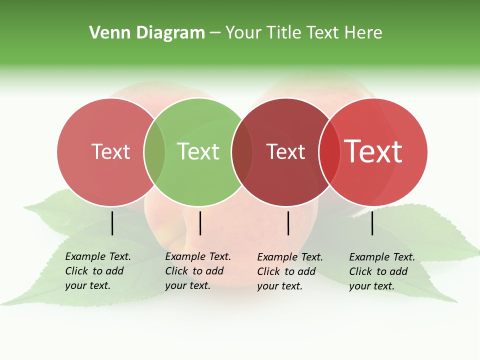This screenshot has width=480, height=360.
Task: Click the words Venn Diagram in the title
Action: click(147, 33)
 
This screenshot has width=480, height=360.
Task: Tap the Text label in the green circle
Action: click(198, 151)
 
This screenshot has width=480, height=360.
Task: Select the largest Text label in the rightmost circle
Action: click(373, 151)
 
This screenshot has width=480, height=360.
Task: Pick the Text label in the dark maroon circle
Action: click(285, 152)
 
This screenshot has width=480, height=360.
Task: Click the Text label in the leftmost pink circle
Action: click(110, 152)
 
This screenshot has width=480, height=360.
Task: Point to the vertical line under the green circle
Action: click(200, 223)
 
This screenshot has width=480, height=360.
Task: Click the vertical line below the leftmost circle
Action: click(112, 223)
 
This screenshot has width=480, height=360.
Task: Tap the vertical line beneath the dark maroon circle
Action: click(288, 223)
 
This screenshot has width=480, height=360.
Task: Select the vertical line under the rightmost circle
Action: click(372, 223)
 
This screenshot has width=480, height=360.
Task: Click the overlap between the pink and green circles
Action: click(154, 152)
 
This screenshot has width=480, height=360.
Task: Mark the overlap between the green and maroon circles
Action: click(242, 152)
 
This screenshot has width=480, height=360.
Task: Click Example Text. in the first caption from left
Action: click(98, 256)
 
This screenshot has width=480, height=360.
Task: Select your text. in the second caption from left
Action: click(187, 286)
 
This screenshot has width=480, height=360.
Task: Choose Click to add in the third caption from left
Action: click(286, 271)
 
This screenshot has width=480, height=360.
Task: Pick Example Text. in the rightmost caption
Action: click(382, 257)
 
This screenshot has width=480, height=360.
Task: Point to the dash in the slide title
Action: click(215, 33)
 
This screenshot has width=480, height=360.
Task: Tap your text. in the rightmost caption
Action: click(371, 286)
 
